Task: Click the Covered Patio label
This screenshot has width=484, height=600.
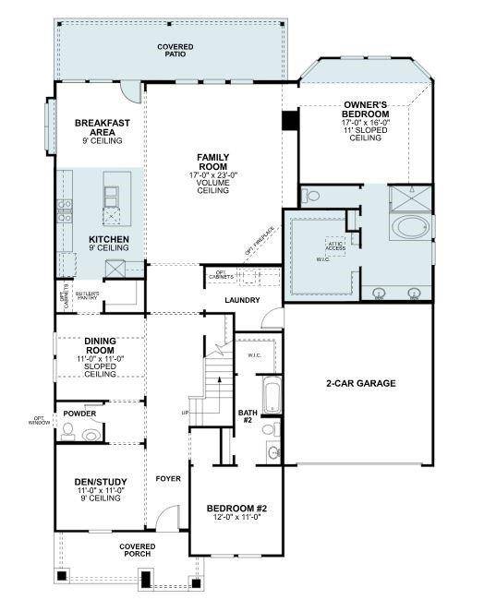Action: (168, 50)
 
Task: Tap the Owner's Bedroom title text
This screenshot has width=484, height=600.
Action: (365, 111)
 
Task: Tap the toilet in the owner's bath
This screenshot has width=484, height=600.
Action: (310, 195)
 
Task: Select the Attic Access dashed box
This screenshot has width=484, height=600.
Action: (335, 245)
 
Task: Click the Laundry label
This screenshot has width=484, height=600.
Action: (242, 300)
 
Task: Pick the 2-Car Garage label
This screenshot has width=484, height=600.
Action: (359, 383)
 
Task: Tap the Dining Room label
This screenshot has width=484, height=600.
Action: (99, 345)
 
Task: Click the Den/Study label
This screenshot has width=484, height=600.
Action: (100, 482)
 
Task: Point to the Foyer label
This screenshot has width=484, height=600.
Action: (167, 478)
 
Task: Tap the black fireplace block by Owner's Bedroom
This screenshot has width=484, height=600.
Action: (289, 120)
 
